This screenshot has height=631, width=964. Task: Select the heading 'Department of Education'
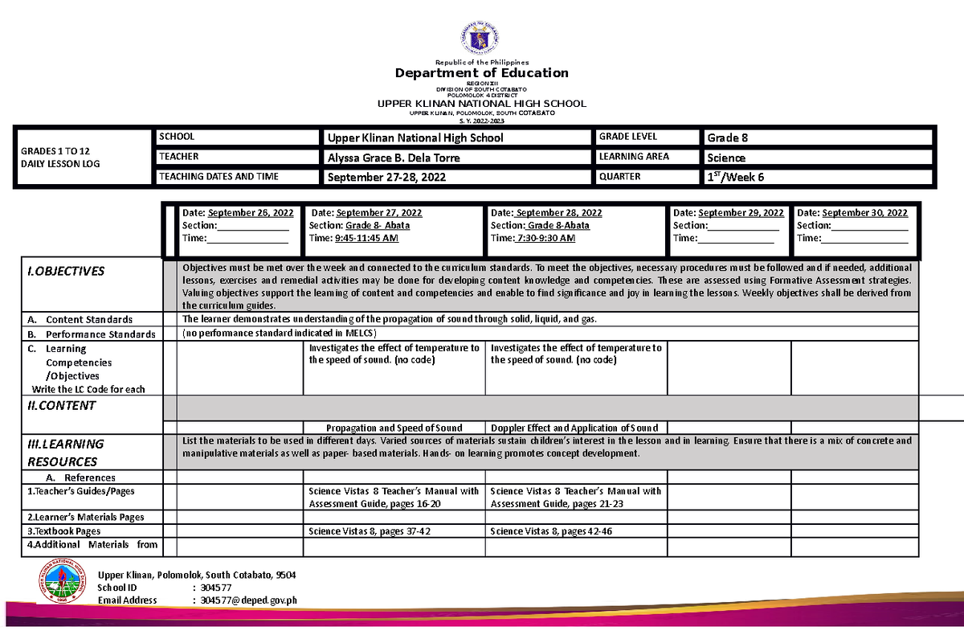(x=481, y=73)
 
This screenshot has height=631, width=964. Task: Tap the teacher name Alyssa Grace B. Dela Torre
(x=392, y=158)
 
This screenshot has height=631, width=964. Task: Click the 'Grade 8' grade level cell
(x=728, y=137)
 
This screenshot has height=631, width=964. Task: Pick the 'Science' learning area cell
(x=726, y=158)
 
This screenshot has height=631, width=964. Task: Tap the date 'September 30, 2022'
(x=864, y=213)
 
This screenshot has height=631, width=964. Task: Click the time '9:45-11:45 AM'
(x=366, y=238)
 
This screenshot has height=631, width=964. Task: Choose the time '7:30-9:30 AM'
(x=546, y=238)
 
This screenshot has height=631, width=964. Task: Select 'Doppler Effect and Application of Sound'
(x=574, y=428)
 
